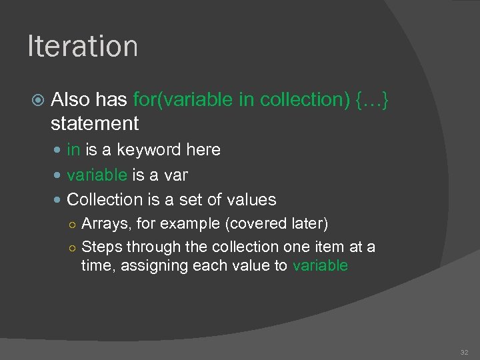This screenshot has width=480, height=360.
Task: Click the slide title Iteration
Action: coord(83,47)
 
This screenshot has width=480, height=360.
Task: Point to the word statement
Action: coord(95,123)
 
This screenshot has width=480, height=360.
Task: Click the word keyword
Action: coord(141,150)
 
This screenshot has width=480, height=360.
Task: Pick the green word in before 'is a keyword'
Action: coord(73,150)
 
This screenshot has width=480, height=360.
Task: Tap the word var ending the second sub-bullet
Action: coord(176,175)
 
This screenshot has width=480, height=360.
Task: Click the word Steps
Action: coord(102,247)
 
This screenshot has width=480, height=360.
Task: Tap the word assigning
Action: coord(151,266)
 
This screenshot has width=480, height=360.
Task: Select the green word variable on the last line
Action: coord(320,265)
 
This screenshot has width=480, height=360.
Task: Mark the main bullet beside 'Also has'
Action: coord(38,100)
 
